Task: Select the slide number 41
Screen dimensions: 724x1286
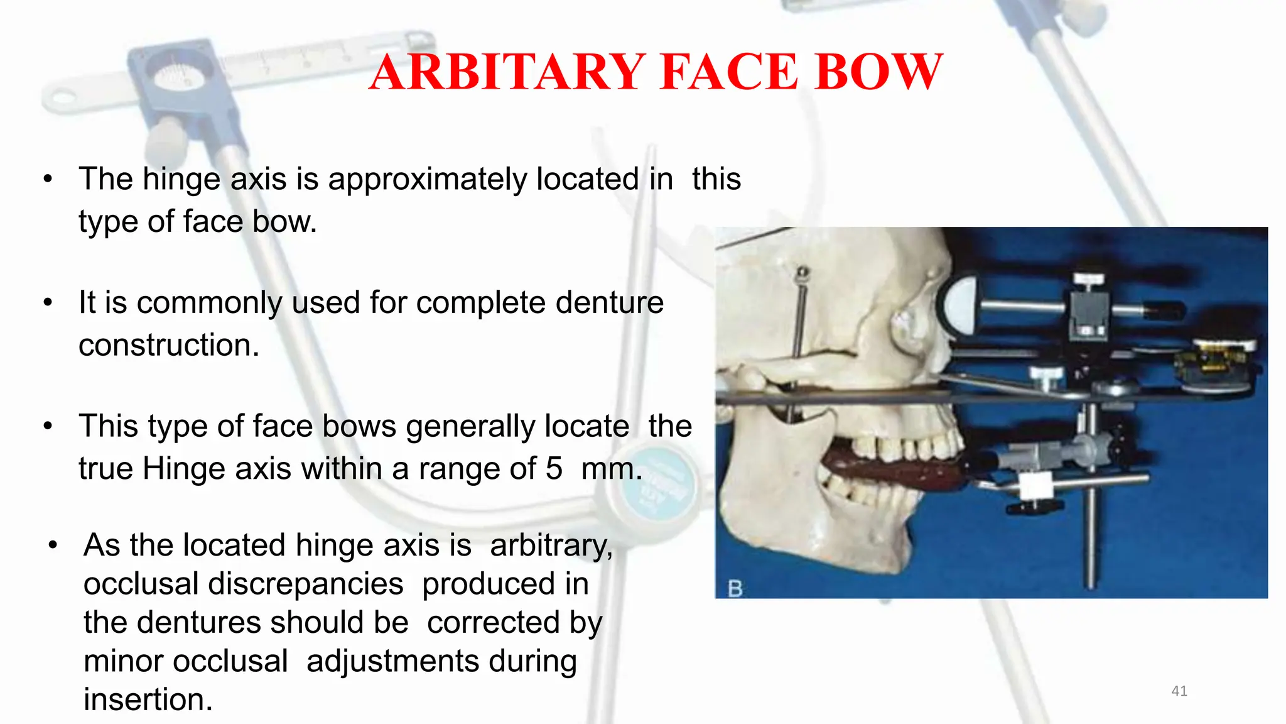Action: pyautogui.click(x=1179, y=691)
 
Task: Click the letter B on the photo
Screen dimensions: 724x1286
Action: pyautogui.click(x=735, y=589)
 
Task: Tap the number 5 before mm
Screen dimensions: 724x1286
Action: pyautogui.click(x=554, y=469)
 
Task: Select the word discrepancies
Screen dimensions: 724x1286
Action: pyautogui.click(x=306, y=584)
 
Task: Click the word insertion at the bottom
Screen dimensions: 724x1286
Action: pyautogui.click(x=148, y=699)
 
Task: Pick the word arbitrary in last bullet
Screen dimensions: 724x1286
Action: pyautogui.click(x=551, y=545)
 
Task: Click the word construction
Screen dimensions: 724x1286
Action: pyautogui.click(x=169, y=345)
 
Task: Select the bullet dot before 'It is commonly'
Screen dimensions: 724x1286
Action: pyautogui.click(x=48, y=303)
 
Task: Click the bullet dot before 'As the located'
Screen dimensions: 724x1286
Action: pyautogui.click(x=53, y=545)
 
